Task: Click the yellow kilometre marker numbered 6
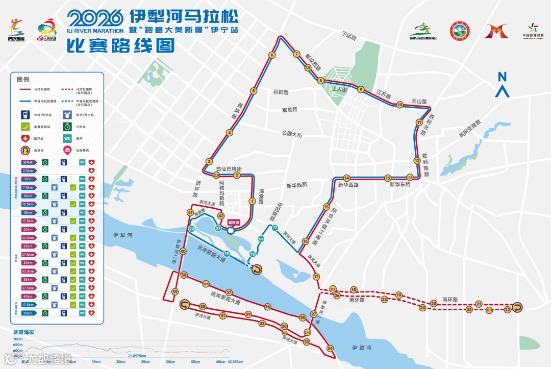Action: [272, 55]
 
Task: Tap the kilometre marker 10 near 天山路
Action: [400, 105]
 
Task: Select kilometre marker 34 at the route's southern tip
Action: [330, 348]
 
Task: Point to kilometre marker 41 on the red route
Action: [190, 212]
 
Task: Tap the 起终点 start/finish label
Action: [234, 223]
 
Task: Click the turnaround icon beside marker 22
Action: [518, 308]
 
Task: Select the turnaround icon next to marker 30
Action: [184, 305]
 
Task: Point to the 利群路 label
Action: [281, 92]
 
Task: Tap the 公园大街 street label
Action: [292, 134]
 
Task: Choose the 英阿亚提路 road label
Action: [469, 130]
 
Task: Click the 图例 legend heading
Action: [23, 80]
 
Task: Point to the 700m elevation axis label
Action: [18, 339]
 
